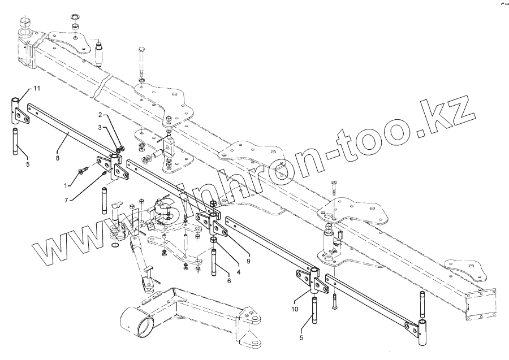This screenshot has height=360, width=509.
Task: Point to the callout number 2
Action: pyautogui.click(x=100, y=115)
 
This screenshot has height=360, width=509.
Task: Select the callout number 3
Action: pyautogui.click(x=100, y=128)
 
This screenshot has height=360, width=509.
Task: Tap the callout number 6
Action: pyautogui.click(x=229, y=281)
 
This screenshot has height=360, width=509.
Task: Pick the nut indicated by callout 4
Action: pyautogui.click(x=215, y=242)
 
